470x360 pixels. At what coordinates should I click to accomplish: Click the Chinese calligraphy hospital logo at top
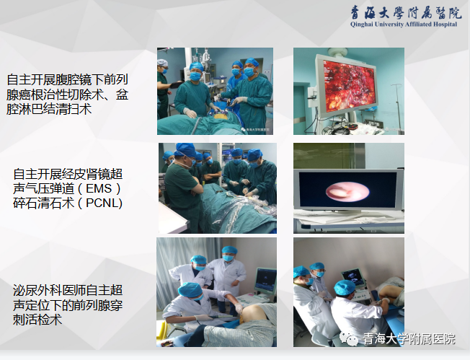(x=406, y=12)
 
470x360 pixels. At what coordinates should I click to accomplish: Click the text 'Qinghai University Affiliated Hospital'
(x=404, y=25)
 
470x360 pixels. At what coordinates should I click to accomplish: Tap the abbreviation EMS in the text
(x=99, y=189)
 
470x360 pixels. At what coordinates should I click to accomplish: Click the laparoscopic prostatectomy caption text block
(x=68, y=95)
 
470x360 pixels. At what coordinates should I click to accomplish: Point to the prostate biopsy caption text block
(x=68, y=305)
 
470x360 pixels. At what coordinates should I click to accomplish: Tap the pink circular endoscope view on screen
(x=347, y=191)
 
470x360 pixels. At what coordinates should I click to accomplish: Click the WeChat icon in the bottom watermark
(x=349, y=338)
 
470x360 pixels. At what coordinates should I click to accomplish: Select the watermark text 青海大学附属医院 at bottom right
(x=409, y=338)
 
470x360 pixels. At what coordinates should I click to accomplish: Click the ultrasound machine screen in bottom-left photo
(x=265, y=280)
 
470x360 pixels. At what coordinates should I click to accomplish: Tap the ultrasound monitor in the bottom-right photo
(x=353, y=277)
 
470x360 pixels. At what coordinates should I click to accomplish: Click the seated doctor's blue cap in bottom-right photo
(x=345, y=287)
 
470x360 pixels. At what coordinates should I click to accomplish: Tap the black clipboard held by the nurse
(x=176, y=84)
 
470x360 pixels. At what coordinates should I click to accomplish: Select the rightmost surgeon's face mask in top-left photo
(x=249, y=71)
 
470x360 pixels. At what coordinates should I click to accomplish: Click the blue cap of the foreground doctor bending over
(x=190, y=289)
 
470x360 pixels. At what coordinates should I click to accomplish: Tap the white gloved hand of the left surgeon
(x=190, y=113)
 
